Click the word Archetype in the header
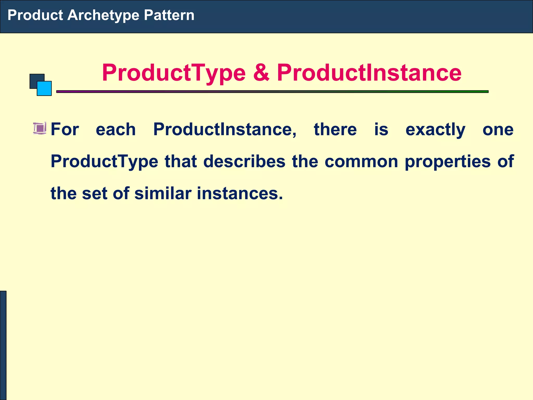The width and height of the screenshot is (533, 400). [103, 15]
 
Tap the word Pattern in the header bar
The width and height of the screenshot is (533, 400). [169, 15]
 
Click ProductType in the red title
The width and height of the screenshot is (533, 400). [174, 73]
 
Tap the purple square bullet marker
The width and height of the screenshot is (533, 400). [40, 128]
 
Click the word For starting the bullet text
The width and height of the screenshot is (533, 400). [65, 129]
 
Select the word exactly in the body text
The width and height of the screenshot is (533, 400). [435, 130]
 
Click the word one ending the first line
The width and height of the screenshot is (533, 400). [498, 129]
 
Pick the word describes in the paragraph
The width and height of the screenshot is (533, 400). [244, 161]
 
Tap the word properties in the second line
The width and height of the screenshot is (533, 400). [447, 162]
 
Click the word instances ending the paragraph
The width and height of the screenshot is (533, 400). [239, 193]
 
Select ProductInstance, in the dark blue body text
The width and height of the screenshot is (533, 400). [225, 129]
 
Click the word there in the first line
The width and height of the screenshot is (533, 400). [335, 129]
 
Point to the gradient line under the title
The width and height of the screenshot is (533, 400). [272, 92]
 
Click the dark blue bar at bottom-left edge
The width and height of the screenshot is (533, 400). [3, 345]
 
